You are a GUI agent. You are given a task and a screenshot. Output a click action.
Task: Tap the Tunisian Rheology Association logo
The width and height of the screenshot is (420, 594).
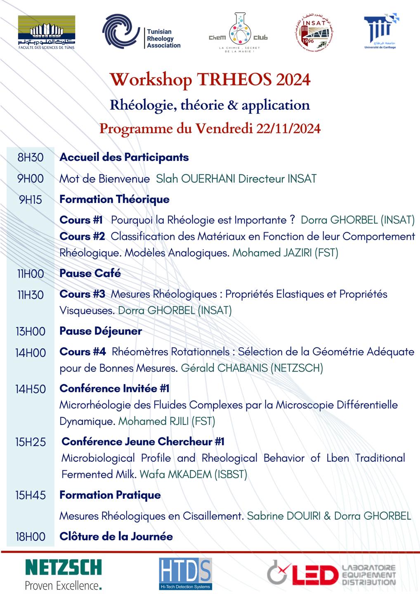(x=141, y=32)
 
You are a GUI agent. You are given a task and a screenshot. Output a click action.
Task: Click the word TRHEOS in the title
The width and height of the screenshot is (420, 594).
(x=234, y=79)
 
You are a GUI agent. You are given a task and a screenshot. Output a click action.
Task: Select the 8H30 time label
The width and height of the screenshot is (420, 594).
(x=30, y=157)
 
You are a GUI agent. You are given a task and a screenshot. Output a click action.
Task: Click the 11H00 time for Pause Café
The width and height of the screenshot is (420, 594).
(x=30, y=273)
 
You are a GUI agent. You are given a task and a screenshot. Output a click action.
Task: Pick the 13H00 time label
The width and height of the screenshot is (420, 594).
(x=30, y=331)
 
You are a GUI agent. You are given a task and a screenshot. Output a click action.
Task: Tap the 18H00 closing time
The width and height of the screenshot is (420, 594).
(x=30, y=537)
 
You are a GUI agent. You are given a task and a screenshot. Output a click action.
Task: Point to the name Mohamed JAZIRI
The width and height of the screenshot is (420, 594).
(x=272, y=253)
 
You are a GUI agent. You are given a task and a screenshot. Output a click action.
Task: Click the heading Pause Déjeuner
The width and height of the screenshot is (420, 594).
(x=101, y=331)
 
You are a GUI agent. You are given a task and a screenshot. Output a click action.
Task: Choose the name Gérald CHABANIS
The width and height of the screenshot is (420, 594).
(x=224, y=368)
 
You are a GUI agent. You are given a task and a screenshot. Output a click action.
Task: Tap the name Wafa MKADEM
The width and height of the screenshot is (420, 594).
(x=176, y=474)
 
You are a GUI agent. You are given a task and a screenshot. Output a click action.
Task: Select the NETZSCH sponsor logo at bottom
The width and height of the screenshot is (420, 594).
(x=63, y=574)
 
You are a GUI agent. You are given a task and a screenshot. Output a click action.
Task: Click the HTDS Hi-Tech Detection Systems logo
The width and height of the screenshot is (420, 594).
(x=185, y=574)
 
